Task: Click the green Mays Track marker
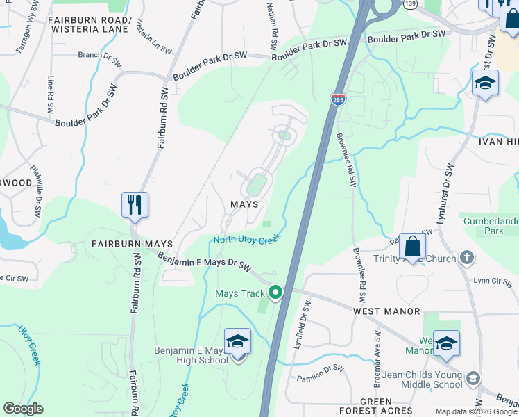click(275, 293)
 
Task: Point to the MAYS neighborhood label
click(244, 204)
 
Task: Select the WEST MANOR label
click(386, 311)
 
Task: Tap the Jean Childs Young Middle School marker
click(473, 378)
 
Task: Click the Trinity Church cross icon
click(466, 259)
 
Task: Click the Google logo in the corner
click(23, 409)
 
